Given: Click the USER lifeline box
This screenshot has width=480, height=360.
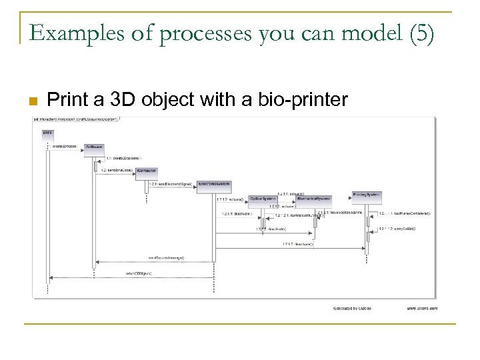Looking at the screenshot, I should coord(48,133).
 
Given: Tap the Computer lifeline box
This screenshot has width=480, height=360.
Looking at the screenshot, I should coord(147,171).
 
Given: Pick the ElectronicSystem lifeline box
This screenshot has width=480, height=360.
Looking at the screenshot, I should coord(214,184).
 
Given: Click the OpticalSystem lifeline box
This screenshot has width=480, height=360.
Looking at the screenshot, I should coord(263,198).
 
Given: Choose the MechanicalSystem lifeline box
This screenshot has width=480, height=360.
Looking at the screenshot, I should coord(313,198).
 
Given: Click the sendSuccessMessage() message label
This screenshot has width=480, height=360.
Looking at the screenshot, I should coord(166,257).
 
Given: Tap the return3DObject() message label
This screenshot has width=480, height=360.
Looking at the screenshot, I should coord(139,273).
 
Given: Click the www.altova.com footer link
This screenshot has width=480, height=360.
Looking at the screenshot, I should coord(421,308).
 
